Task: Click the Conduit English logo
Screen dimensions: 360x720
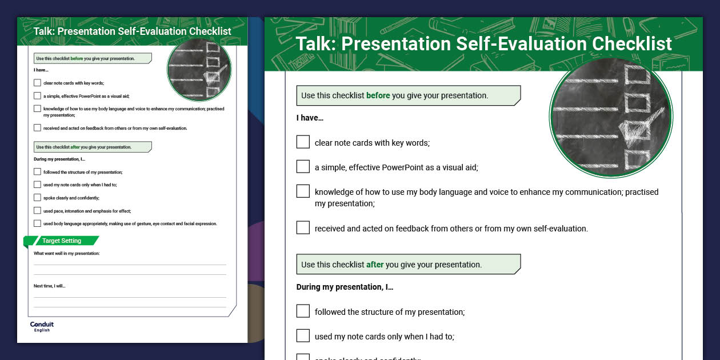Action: coord(42,326)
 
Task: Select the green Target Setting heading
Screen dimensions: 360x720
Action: coord(62,241)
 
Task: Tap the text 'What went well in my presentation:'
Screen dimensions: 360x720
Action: coord(67,253)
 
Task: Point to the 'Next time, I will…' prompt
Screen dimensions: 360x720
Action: coord(50,286)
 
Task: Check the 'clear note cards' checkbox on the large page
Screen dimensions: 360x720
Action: coord(303,142)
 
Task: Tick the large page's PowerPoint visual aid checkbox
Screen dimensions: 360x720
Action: coord(303,166)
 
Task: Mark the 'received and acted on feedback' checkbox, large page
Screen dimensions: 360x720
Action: coord(303,227)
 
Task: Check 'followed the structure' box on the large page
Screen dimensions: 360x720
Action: coord(303,311)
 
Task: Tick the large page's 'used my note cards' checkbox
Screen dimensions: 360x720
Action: coord(303,335)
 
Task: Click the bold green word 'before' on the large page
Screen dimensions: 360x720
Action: coord(378,95)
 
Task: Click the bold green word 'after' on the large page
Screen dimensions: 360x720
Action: coord(375,265)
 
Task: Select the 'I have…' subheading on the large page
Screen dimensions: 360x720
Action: coord(310,118)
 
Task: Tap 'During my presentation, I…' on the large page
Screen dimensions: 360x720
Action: coord(345,287)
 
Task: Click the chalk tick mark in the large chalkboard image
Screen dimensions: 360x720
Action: coord(641,129)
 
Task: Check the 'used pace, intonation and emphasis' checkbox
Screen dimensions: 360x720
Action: coord(37,210)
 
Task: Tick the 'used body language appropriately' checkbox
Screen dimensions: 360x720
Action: coord(37,223)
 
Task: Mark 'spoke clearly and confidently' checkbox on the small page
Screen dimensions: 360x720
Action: coord(37,197)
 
